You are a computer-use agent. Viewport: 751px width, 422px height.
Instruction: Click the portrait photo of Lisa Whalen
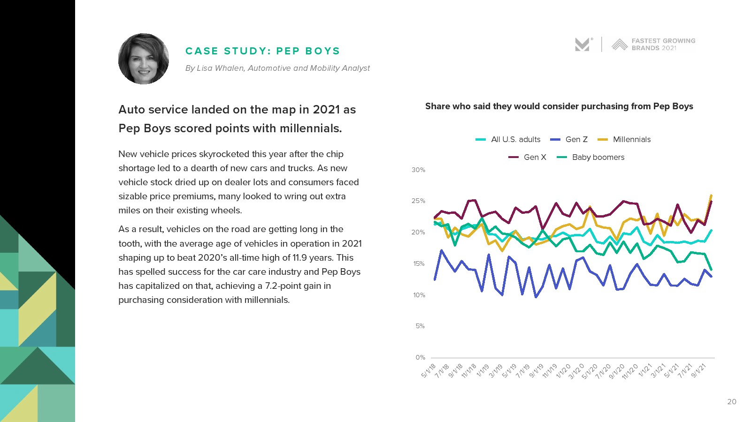144,59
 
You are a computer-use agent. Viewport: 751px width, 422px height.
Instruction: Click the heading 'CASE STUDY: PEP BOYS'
262,51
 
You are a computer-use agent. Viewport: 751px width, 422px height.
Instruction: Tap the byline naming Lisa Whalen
277,68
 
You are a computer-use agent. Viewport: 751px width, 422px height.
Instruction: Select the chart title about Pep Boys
559,106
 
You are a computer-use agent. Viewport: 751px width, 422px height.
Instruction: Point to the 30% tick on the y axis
418,170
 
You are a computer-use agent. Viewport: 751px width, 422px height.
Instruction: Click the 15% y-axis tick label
419,264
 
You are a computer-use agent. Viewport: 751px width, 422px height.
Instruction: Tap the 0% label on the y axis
420,357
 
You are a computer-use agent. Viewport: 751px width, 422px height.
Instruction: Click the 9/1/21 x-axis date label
699,370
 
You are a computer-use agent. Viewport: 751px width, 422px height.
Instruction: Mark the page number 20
731,401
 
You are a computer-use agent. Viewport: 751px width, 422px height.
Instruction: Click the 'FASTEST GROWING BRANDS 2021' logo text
663,45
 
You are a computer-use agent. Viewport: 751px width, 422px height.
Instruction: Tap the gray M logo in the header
582,45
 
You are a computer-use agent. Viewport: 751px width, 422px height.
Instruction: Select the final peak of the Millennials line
711,196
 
